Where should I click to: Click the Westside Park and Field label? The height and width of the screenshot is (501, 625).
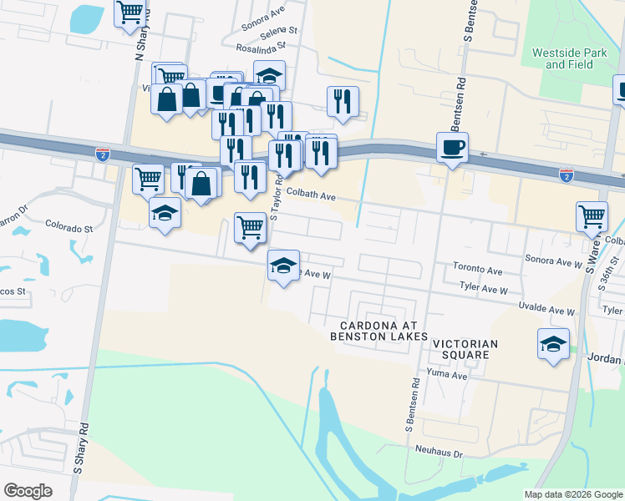[x=570, y=58]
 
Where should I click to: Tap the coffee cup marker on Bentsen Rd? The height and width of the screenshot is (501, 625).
[x=452, y=148]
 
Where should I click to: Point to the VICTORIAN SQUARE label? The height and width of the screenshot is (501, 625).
[x=465, y=349]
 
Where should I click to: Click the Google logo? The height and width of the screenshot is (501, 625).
[x=28, y=491]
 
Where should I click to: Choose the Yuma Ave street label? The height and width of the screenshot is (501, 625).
[x=447, y=376]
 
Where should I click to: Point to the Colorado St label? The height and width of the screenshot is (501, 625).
[x=69, y=227]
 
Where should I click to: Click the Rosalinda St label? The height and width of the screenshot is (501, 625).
[x=262, y=48]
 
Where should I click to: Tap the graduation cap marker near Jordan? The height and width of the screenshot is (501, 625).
[x=553, y=343]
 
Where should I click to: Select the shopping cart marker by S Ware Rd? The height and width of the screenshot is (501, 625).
[x=592, y=216]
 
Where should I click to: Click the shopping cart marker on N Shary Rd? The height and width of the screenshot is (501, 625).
[x=130, y=13]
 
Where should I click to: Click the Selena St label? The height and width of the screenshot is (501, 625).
[x=278, y=34]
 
